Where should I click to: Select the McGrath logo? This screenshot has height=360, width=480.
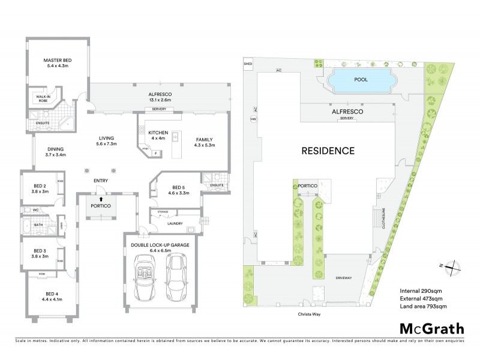click(431, 328)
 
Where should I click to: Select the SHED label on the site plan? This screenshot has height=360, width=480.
click(247, 63)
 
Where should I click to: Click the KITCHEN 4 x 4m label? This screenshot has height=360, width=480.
click(158, 135)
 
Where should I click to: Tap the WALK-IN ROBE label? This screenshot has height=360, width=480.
click(43, 98)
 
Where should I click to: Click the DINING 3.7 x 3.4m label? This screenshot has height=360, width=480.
click(50, 152)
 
